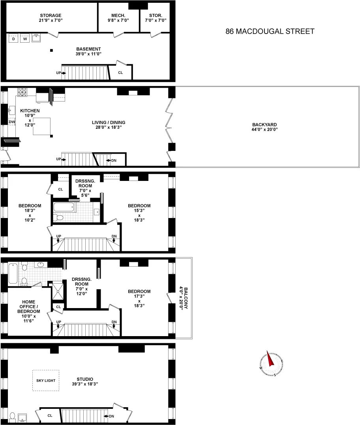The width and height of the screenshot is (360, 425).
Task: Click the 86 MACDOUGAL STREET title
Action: pos(270,31)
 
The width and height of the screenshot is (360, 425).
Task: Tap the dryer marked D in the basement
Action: pos(13,39)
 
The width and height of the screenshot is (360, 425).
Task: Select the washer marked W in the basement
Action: pos(25,39)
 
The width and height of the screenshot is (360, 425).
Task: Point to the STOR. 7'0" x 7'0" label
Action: pos(156,18)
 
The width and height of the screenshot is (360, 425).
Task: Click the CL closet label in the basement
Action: pos(120,73)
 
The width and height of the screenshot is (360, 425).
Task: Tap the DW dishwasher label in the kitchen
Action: pos(12,122)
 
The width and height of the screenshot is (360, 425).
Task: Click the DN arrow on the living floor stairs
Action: pos(112,160)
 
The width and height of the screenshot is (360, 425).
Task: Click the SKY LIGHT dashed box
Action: pos(45,380)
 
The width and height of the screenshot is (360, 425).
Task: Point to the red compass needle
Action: pos(271,359)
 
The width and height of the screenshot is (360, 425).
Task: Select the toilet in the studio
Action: pos(12,417)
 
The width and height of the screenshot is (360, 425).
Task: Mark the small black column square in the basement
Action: pos(51,50)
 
